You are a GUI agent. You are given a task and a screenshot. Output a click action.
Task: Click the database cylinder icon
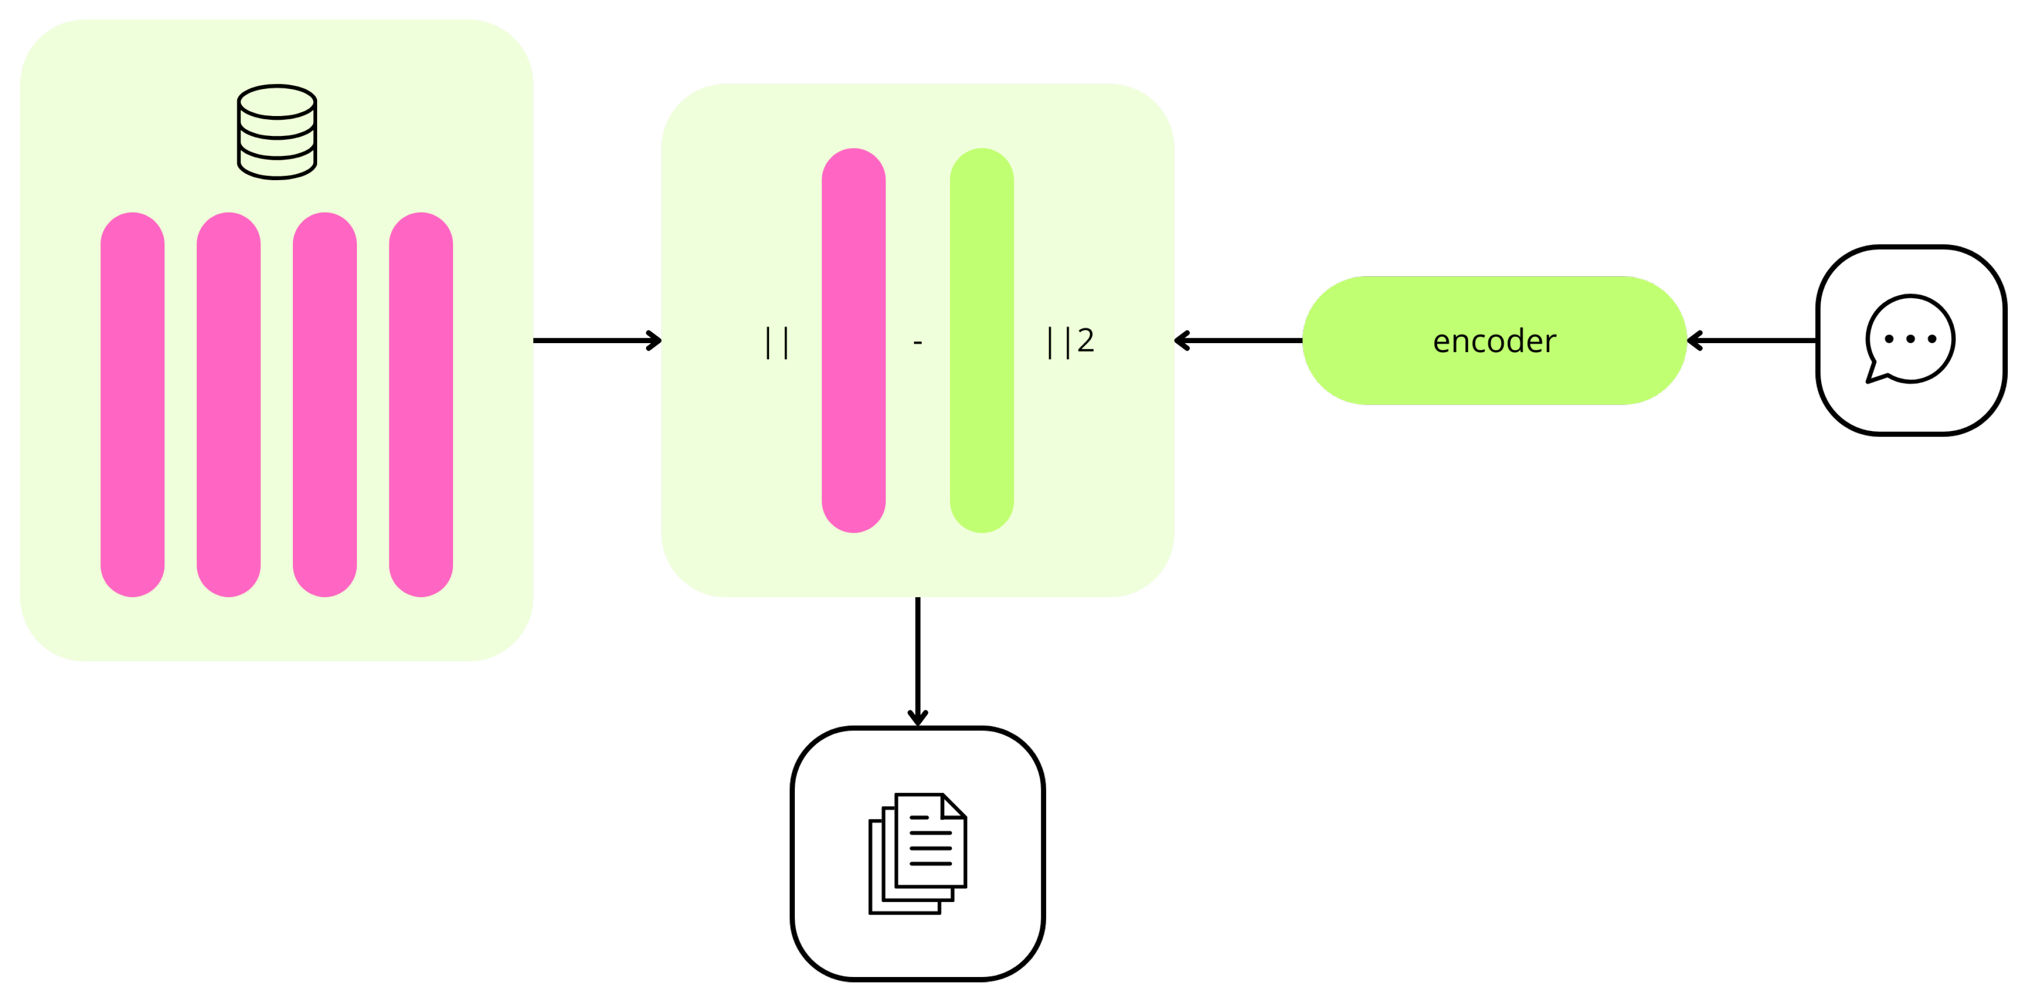point(277,132)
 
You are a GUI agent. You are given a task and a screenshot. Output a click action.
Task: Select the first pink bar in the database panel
point(132,404)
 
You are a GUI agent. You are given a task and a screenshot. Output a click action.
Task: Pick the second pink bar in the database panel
point(229,404)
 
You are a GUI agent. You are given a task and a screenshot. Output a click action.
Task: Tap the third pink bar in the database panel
point(325,404)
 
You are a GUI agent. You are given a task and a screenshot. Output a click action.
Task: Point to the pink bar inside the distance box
point(854,341)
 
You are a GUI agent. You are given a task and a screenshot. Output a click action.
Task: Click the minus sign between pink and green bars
point(917,343)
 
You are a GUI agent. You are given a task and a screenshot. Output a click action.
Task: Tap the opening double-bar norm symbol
point(777,343)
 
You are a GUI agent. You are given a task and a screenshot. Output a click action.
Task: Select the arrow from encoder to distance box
point(1238,341)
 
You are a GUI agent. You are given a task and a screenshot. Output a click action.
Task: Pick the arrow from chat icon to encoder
point(1752,341)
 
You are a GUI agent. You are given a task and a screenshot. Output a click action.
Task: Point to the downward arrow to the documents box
point(917,662)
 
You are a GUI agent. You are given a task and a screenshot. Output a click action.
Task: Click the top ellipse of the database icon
point(277,102)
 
